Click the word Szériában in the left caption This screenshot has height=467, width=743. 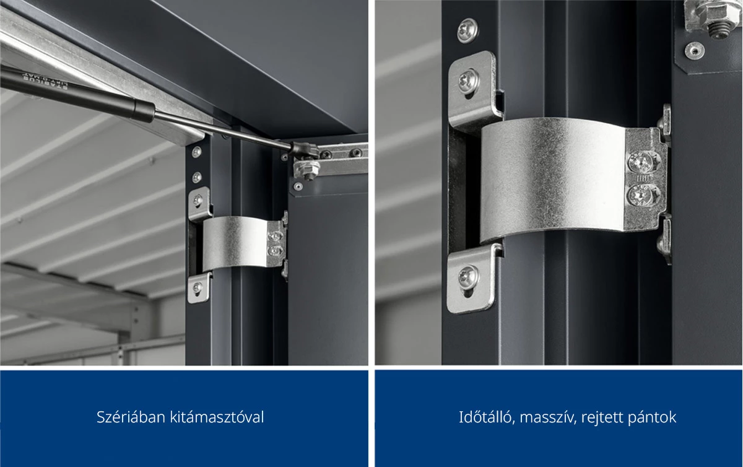pos(131,417)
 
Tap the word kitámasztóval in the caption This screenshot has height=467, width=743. pos(217,417)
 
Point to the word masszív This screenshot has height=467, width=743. pos(547,417)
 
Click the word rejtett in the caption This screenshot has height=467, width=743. pos(602,418)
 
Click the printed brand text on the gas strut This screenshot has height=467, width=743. pos(45,82)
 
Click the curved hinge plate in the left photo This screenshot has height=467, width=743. pos(235,243)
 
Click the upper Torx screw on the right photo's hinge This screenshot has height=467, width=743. pos(643,162)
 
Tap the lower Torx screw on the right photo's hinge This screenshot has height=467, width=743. pos(642,195)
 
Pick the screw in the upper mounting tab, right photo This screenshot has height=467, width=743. pos(469,81)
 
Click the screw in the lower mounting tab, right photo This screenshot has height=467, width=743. pos(468,276)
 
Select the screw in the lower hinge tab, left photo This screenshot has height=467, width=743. pos(198,287)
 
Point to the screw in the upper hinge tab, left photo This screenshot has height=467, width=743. pos(198,200)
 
